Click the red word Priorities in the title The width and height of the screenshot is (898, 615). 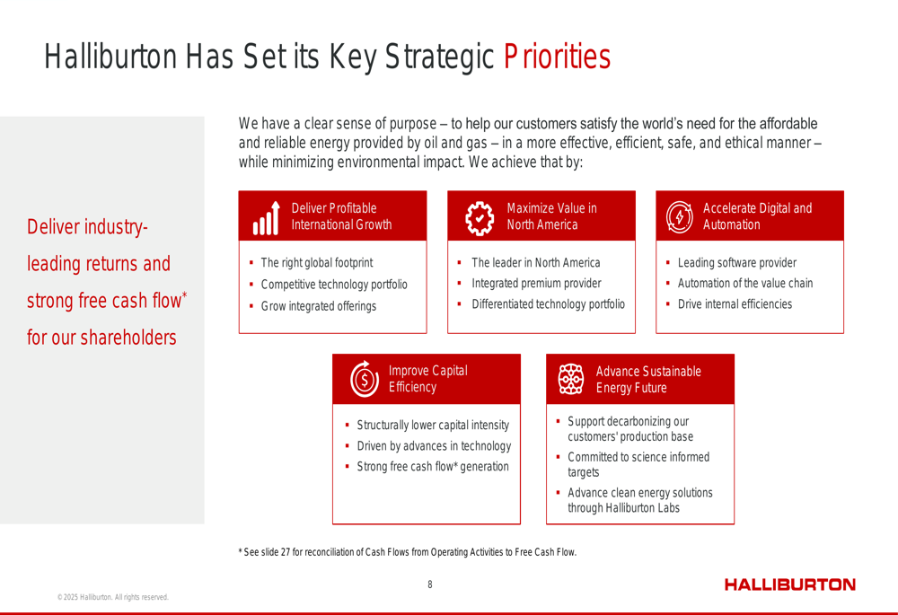[x=558, y=57]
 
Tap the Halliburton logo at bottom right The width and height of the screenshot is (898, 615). [x=789, y=584]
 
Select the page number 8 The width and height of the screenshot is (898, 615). [x=430, y=584]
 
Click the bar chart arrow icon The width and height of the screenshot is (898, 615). [x=267, y=218]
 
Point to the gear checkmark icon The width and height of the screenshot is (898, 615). [x=480, y=218]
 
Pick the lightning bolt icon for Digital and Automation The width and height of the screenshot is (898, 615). [x=680, y=217]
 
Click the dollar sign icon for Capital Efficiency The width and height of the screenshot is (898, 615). [x=365, y=379]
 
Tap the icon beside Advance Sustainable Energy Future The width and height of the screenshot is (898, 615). [x=571, y=379]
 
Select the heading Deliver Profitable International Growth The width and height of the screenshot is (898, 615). [x=341, y=216]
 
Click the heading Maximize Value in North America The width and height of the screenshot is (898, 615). [x=551, y=216]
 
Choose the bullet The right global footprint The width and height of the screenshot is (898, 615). [x=317, y=263]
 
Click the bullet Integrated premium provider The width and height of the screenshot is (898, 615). [x=536, y=284]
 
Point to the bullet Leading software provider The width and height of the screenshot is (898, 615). [x=737, y=263]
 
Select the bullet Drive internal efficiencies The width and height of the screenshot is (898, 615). [x=735, y=304]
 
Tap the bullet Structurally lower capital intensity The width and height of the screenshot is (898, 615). [x=433, y=425]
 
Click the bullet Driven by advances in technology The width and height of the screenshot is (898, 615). [x=434, y=446]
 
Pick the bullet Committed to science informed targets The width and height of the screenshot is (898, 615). [x=638, y=464]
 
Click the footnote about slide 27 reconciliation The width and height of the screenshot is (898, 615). [x=407, y=552]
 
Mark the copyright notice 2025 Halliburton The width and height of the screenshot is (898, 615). [x=113, y=597]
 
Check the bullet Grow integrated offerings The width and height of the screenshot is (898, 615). [x=319, y=306]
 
